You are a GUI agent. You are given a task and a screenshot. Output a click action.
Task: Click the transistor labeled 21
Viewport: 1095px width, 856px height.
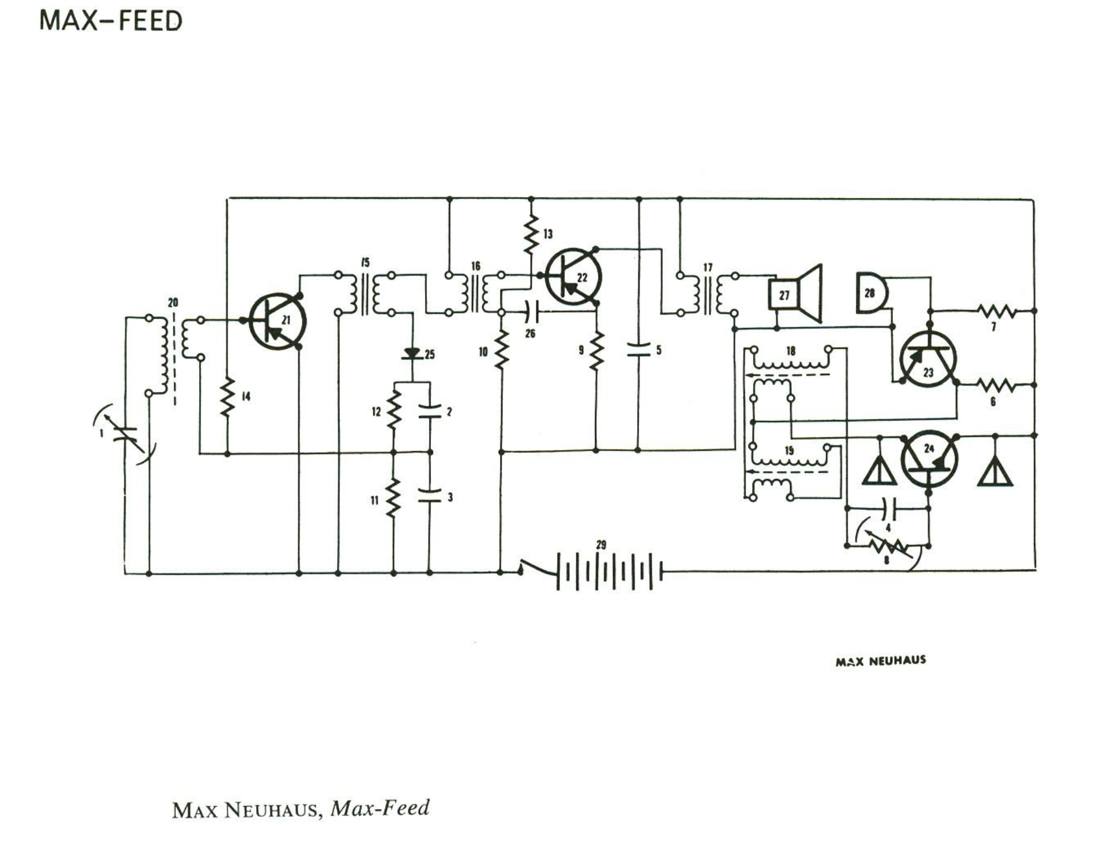(277, 322)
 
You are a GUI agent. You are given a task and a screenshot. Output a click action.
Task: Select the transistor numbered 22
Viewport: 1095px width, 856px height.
(574, 276)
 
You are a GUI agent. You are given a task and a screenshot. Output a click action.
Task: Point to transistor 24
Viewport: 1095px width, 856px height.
(929, 458)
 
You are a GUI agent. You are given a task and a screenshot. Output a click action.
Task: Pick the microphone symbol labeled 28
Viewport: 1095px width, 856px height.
(872, 292)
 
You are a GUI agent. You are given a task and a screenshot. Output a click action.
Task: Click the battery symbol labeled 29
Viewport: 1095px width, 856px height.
(609, 571)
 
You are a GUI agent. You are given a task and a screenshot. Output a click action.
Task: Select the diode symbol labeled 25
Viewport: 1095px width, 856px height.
(412, 354)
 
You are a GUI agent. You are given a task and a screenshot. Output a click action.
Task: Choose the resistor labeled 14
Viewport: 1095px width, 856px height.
(227, 397)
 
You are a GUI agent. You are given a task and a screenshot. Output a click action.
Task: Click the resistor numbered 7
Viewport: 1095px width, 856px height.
(996, 311)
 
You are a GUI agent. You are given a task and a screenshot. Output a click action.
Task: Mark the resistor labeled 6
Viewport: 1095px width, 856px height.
(996, 385)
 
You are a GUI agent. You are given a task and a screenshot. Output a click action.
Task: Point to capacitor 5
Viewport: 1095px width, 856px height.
(638, 350)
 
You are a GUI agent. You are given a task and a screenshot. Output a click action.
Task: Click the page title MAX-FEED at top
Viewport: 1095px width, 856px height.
(111, 21)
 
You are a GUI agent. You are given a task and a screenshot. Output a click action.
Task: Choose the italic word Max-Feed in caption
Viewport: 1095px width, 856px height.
(380, 808)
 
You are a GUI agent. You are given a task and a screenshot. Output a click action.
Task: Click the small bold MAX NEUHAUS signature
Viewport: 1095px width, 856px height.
(880, 661)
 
